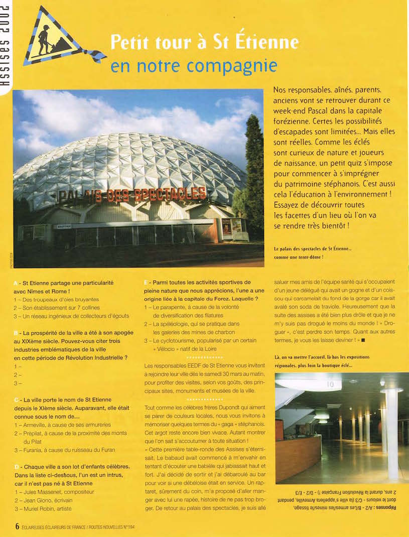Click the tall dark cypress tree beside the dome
[254, 171]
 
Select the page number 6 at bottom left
[17, 526]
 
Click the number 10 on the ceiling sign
[331, 384]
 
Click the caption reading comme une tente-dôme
[298, 257]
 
